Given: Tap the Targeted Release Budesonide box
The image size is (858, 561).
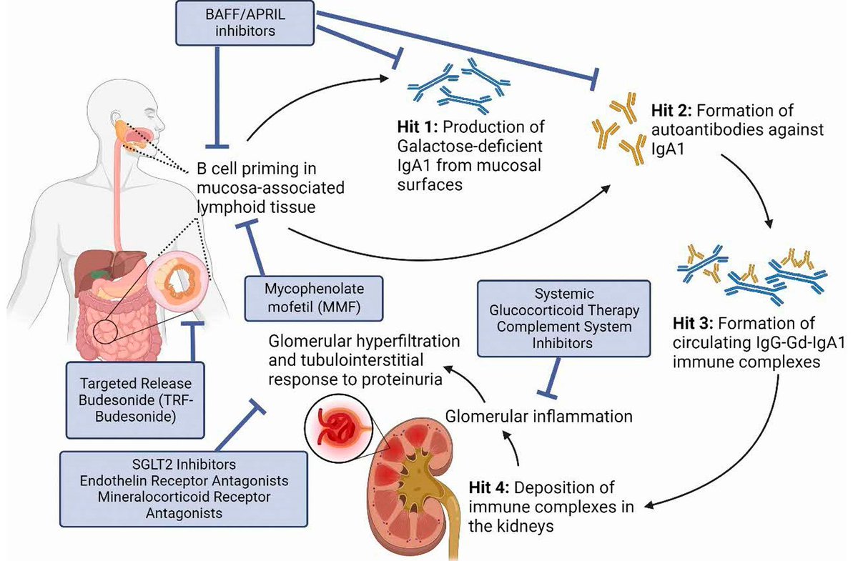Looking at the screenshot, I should pos(135,399).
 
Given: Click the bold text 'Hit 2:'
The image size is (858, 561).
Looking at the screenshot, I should pos(671,111).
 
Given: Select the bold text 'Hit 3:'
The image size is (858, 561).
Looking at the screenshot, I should pos(696,323).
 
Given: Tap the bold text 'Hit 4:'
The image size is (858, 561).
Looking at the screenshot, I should pos(490,490).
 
